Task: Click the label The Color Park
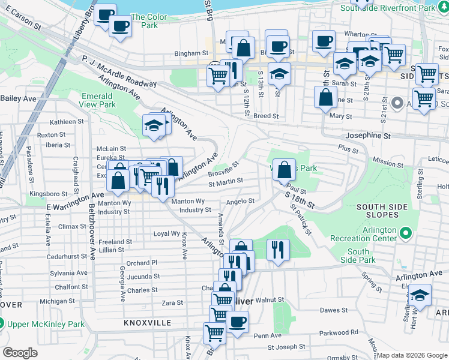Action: click(145, 22)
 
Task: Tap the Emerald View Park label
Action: click(97, 100)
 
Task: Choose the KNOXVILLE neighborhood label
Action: click(148, 323)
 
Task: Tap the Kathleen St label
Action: click(67, 122)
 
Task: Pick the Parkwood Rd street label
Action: click(339, 332)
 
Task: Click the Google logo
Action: click(20, 353)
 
